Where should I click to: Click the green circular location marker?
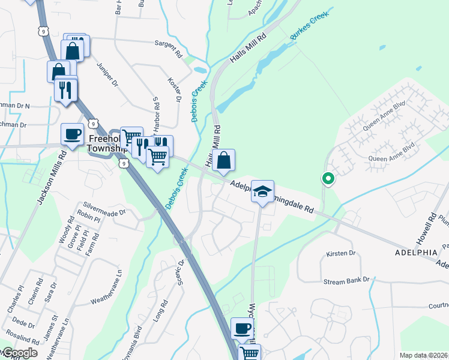click(328, 178)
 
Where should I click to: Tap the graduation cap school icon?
click(262, 191)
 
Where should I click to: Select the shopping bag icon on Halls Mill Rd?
click(223, 160)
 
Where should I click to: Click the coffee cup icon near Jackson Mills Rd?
click(73, 134)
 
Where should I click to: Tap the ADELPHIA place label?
click(416, 253)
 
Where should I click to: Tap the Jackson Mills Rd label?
click(51, 179)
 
